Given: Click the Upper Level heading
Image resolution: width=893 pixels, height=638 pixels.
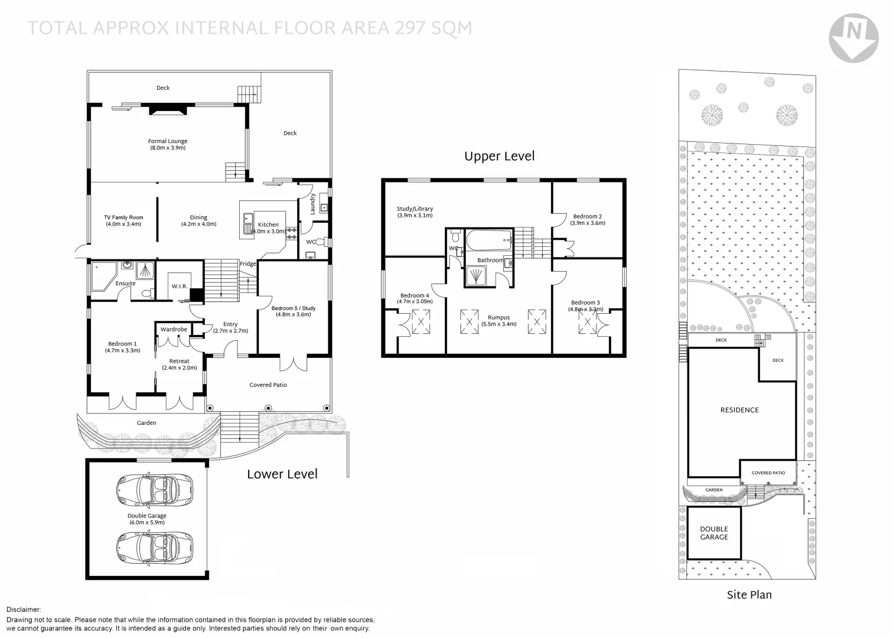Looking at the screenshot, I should tap(499, 157).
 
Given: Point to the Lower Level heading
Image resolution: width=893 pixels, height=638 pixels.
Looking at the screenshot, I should tap(282, 474).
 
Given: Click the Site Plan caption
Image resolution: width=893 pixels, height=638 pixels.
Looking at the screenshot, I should tap(749, 595).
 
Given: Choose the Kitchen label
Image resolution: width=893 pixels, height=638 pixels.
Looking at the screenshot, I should tap(268, 224).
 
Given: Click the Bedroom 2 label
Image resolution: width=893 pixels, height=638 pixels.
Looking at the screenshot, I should tap(587, 217).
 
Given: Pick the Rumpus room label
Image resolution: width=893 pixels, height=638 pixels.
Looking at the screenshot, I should tap(498, 318).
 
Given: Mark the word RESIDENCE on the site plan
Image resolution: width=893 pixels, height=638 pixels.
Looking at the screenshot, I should tap(739, 410).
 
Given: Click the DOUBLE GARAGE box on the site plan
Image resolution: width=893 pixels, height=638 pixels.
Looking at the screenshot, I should tap(714, 533).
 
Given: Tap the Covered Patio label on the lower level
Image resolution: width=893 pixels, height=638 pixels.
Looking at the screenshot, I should tap(268, 385).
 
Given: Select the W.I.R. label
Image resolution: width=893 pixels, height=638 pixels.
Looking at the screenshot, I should tap(180, 287).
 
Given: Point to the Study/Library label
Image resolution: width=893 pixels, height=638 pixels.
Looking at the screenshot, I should tap(415, 209).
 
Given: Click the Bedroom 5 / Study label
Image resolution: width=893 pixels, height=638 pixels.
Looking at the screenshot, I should tap(294, 308).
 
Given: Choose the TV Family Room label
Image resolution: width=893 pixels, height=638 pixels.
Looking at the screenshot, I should tap(123, 218).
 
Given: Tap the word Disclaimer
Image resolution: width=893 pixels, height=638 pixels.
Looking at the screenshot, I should tap(24, 610).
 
